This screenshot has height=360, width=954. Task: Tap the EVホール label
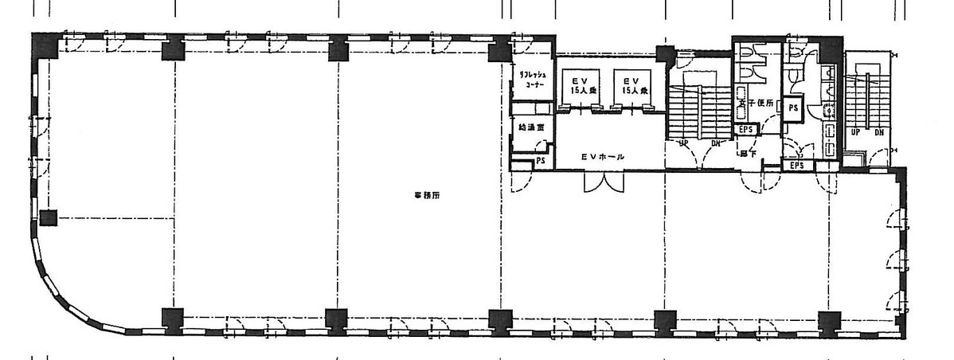click(x=601, y=157)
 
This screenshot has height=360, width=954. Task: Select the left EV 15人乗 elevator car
click(x=573, y=85)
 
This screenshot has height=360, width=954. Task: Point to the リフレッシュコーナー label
click(x=531, y=80)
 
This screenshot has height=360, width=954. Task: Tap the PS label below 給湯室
click(x=540, y=161)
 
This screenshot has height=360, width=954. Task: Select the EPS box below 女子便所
click(x=746, y=128)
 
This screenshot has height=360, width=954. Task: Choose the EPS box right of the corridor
click(x=796, y=165)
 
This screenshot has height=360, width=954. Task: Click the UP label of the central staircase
click(x=682, y=144)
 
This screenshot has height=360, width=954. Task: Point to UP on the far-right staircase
click(x=855, y=133)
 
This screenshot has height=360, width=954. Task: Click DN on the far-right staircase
click(x=878, y=133)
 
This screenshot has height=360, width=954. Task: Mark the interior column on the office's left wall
click(x=49, y=217)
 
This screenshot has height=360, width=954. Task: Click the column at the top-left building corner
click(x=44, y=45)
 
